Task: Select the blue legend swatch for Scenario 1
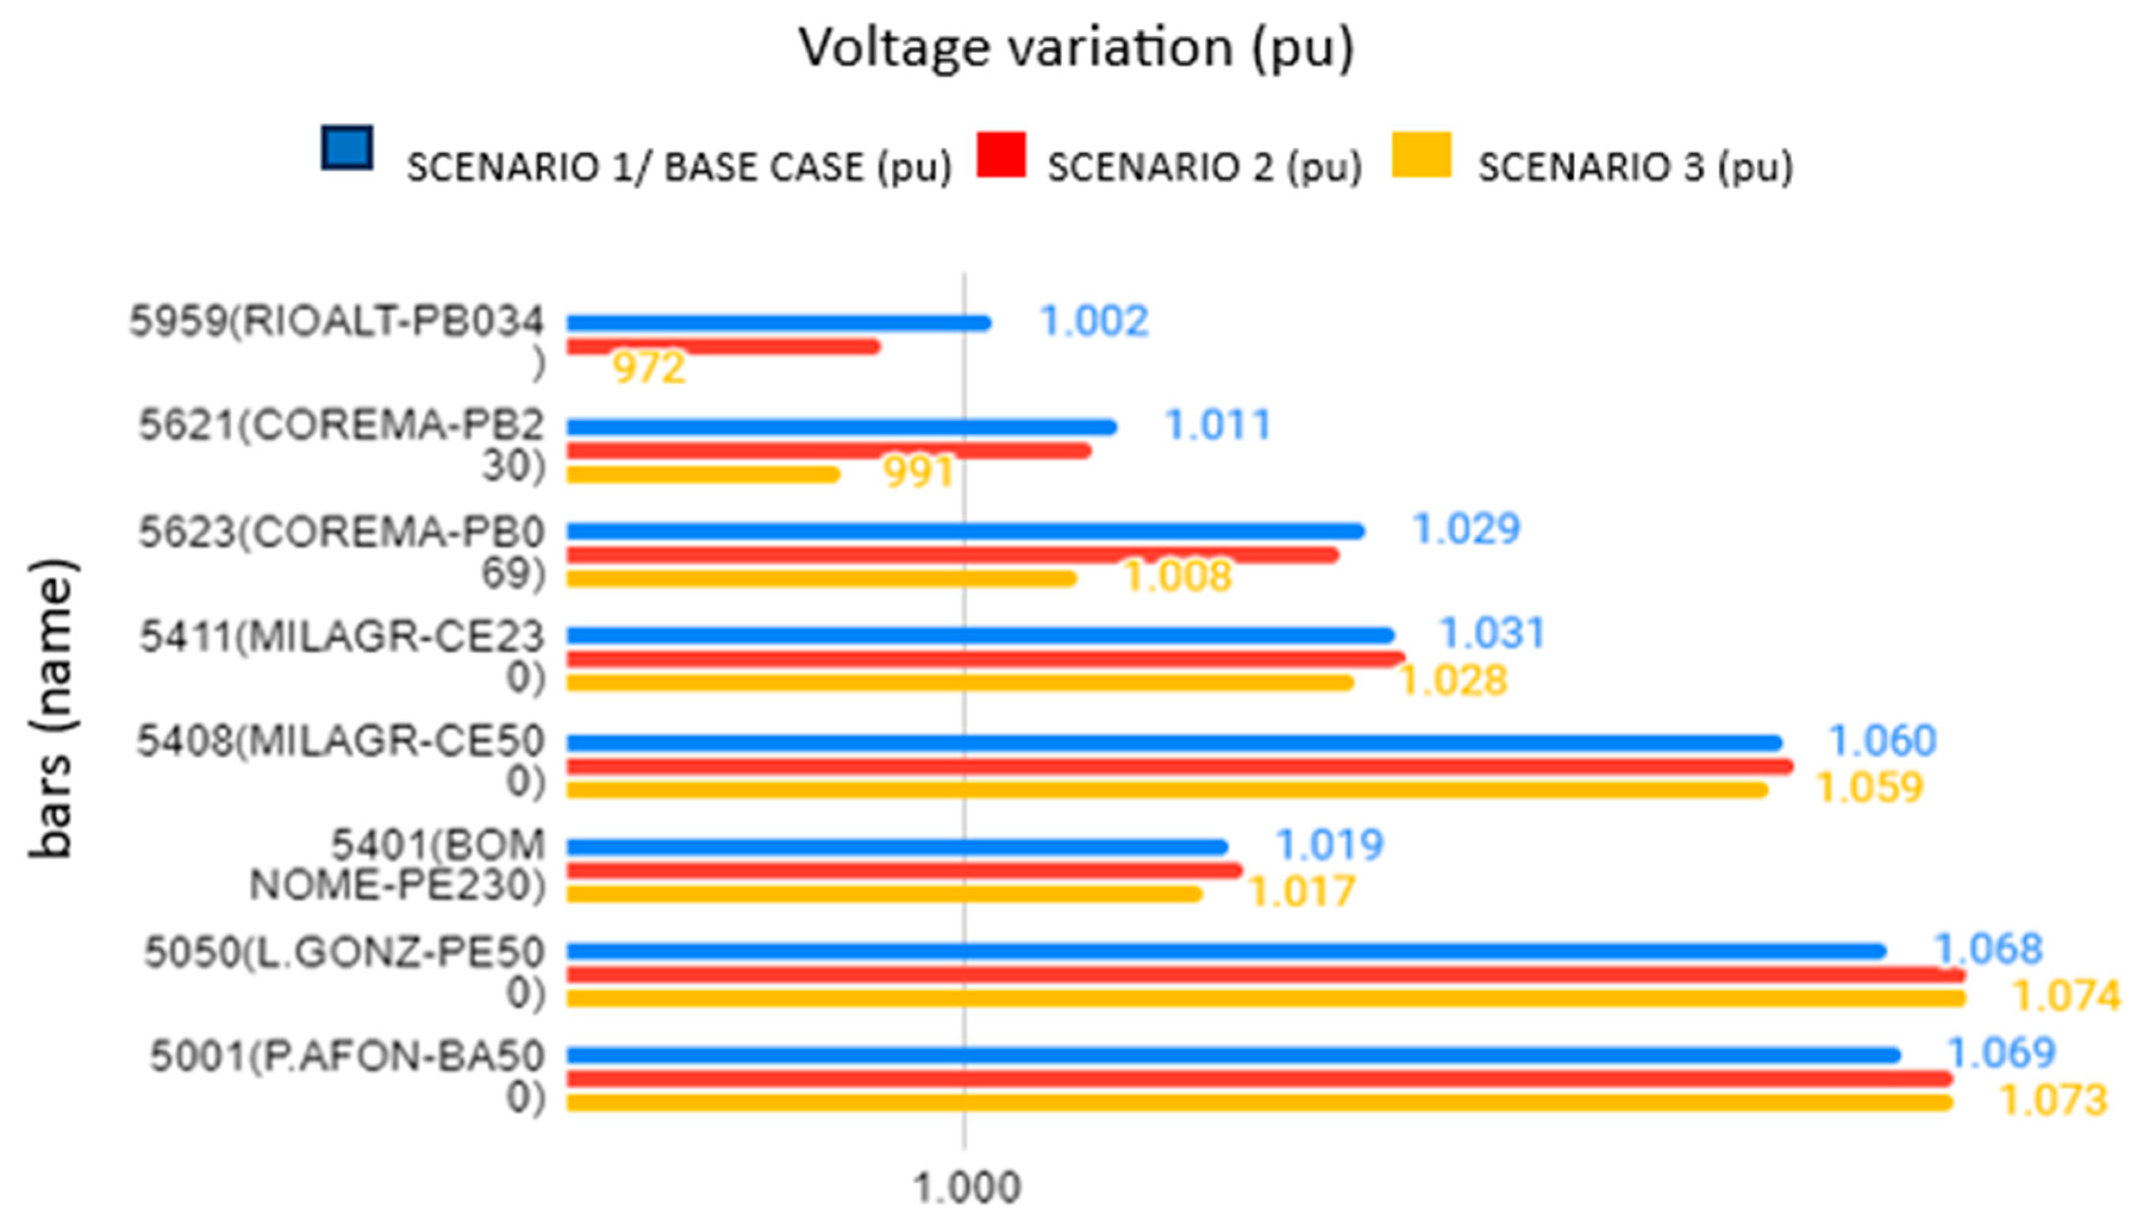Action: point(346,148)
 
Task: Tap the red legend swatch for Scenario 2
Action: point(1001,154)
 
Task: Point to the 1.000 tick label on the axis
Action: point(966,1188)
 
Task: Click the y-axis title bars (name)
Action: point(52,708)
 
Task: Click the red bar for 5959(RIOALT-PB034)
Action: point(724,346)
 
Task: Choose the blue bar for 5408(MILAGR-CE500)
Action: point(1175,743)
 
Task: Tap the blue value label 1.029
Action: point(1466,529)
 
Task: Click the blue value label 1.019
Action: point(1329,844)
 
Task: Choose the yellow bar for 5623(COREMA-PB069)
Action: point(821,579)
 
